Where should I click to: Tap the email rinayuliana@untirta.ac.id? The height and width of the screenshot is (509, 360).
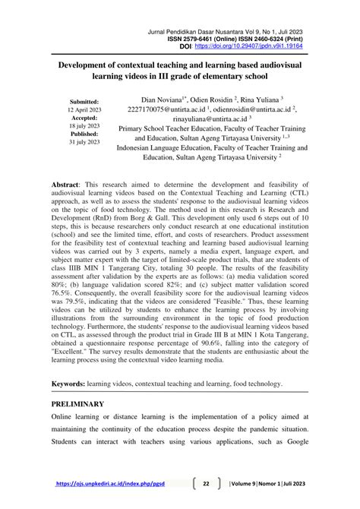200,119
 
